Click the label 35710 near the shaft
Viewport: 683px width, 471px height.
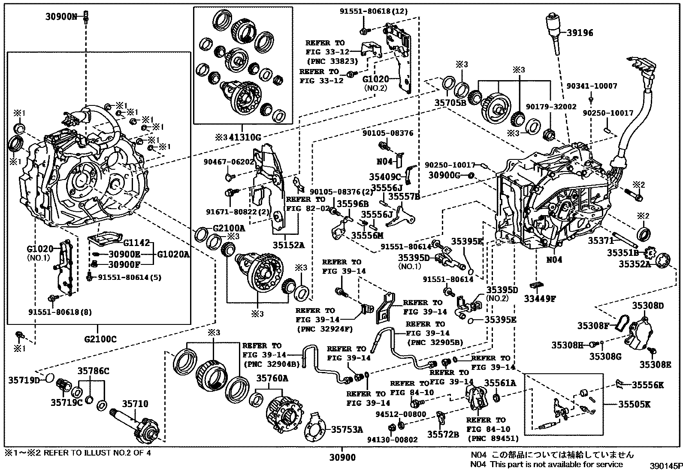click(x=135, y=404)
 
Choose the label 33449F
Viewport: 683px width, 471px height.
click(x=539, y=299)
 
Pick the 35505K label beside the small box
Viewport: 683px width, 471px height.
click(x=634, y=404)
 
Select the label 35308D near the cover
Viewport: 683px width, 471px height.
click(x=647, y=306)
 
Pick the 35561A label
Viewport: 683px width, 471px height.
click(x=500, y=383)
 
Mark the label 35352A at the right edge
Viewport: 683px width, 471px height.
click(x=634, y=264)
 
